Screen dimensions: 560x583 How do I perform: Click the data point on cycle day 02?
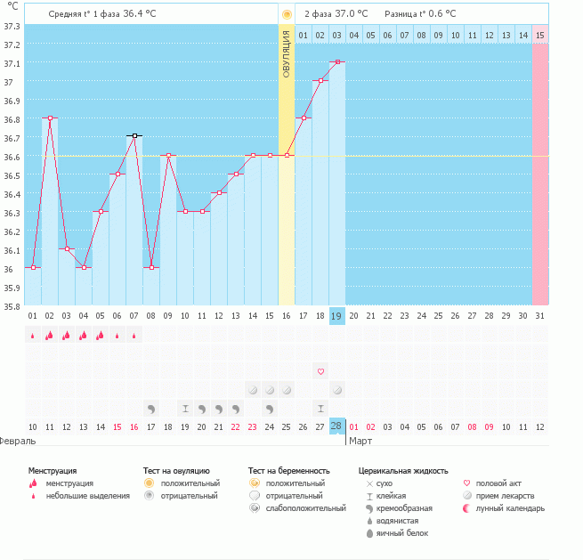pyautogui.click(x=50, y=118)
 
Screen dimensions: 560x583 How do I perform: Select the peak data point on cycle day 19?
pyautogui.click(x=337, y=62)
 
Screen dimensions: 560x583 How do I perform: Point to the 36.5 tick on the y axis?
pyautogui.click(x=12, y=175)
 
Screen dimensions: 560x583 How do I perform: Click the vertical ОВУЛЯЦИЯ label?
pyautogui.click(x=287, y=53)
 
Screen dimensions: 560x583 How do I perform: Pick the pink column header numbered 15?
pyautogui.click(x=540, y=35)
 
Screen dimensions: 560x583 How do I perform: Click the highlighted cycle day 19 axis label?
pyautogui.click(x=337, y=315)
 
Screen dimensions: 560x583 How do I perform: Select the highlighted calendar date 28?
pyautogui.click(x=337, y=426)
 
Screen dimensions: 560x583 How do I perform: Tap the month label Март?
pyautogui.click(x=360, y=441)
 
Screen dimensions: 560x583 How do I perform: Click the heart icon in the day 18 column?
pyautogui.click(x=320, y=371)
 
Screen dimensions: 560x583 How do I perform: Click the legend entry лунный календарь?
pyautogui.click(x=510, y=508)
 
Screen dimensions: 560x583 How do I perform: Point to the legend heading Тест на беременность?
pyautogui.click(x=289, y=470)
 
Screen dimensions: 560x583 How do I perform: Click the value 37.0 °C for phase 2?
pyautogui.click(x=351, y=14)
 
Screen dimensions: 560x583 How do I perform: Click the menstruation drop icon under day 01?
pyautogui.click(x=33, y=336)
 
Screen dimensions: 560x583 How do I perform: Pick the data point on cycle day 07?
pyautogui.click(x=134, y=136)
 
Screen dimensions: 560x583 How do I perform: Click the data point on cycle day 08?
pyautogui.click(x=151, y=267)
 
